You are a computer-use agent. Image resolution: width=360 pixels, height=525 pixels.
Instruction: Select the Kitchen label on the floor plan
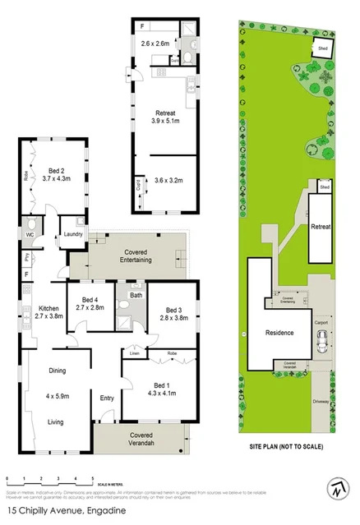[x=46, y=306]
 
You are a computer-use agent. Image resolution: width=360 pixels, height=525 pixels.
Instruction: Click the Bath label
[x=135, y=294]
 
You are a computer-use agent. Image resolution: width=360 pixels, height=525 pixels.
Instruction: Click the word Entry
[x=107, y=398]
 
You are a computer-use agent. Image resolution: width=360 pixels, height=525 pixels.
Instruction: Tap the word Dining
[x=57, y=371]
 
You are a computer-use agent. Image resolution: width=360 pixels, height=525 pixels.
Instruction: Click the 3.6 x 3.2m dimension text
[x=168, y=180]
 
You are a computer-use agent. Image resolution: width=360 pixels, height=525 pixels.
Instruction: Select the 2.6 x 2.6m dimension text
[x=155, y=43]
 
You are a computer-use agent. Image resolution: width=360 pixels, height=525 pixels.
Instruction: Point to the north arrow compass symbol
[x=338, y=486]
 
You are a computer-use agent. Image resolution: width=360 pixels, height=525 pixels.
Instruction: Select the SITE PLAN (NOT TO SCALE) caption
[x=286, y=448]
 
